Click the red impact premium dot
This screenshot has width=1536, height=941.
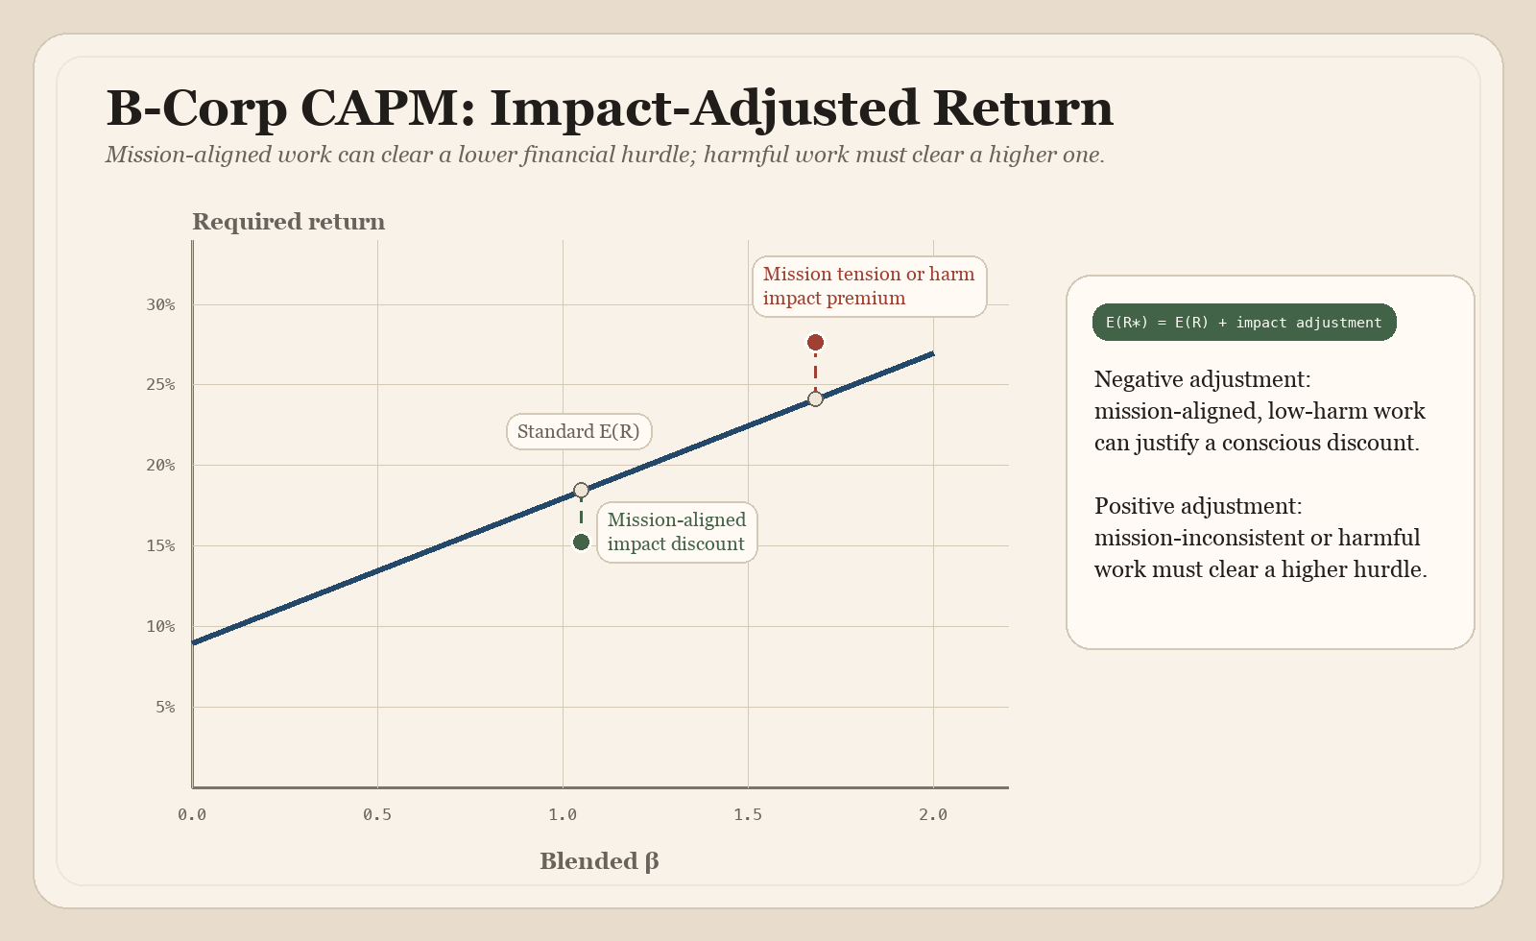coord(815,343)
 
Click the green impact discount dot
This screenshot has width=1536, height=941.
coord(581,543)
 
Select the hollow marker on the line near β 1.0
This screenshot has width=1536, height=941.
coord(581,491)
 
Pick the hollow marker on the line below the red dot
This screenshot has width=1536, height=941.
coord(815,398)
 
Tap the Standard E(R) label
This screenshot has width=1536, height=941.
coord(579,432)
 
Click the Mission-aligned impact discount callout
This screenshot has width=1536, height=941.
coord(677,532)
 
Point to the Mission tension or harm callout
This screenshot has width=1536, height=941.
coord(869,286)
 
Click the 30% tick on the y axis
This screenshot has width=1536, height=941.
coord(161,304)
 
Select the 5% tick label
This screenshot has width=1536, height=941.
coord(165,707)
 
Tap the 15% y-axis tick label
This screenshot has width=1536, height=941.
coord(161,545)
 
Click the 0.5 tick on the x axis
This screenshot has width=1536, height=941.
coord(377,814)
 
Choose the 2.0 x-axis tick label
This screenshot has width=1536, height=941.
coord(933,814)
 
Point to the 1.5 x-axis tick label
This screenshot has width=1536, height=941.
coord(748,814)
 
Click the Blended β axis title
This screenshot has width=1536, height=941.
coord(599,861)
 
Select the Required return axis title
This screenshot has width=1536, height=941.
coord(288,222)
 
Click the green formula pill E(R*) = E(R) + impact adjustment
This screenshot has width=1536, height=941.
coord(1243,323)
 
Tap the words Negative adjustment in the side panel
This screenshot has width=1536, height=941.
coord(1202,379)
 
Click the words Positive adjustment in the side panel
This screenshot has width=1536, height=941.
coord(1198,506)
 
